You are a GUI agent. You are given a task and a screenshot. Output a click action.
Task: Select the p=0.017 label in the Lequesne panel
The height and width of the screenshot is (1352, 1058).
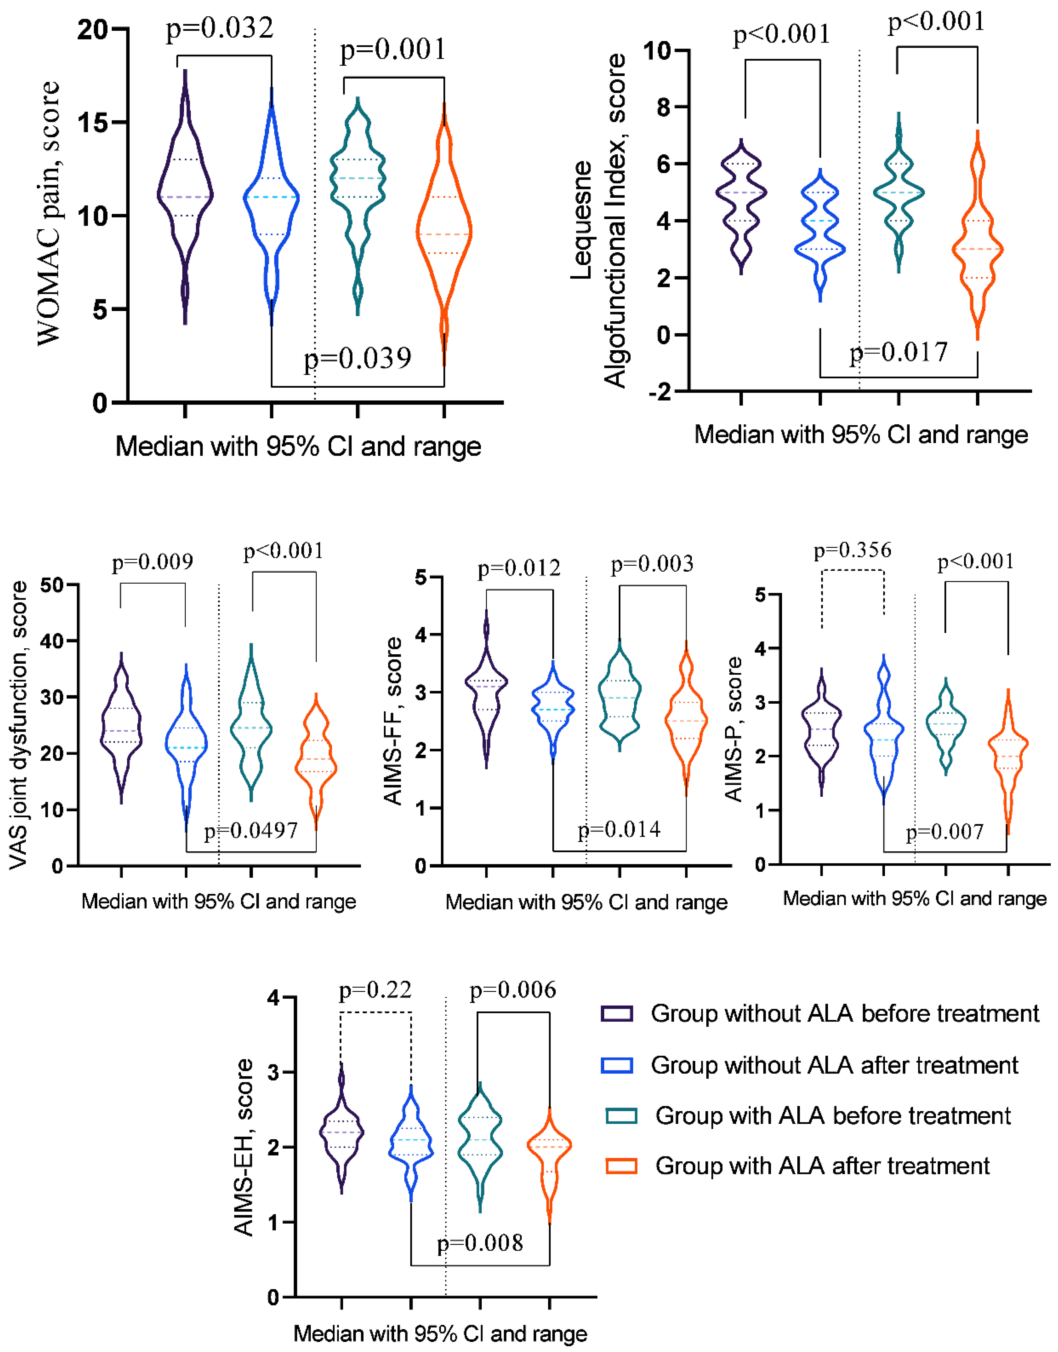coord(898,352)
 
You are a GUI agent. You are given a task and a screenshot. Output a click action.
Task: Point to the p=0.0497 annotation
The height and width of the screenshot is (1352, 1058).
coord(251,830)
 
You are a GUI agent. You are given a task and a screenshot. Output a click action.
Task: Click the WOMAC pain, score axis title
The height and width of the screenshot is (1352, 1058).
coord(48,214)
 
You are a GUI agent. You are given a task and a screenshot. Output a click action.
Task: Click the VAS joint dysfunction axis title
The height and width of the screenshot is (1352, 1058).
coord(18,725)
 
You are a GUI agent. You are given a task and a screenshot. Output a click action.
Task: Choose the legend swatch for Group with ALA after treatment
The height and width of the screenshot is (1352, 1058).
coord(621,1166)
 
